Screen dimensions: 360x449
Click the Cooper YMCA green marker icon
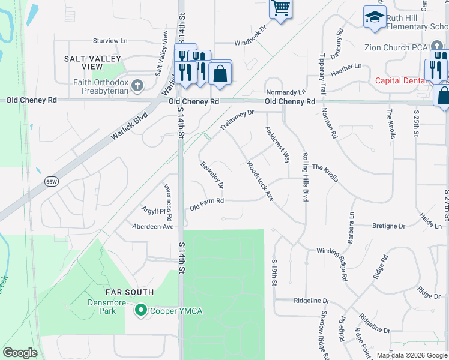coord(141,310)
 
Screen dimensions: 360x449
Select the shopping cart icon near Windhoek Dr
coord(280,9)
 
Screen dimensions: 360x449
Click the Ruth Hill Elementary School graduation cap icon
coord(375,17)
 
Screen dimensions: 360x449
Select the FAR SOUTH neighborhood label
coord(130,292)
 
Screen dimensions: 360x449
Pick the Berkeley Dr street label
coord(212,174)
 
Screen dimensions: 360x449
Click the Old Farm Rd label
coord(206,205)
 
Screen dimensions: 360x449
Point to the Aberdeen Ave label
coord(153,227)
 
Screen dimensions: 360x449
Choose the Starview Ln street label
coord(111,40)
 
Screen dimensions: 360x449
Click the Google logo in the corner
coord(20,353)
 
